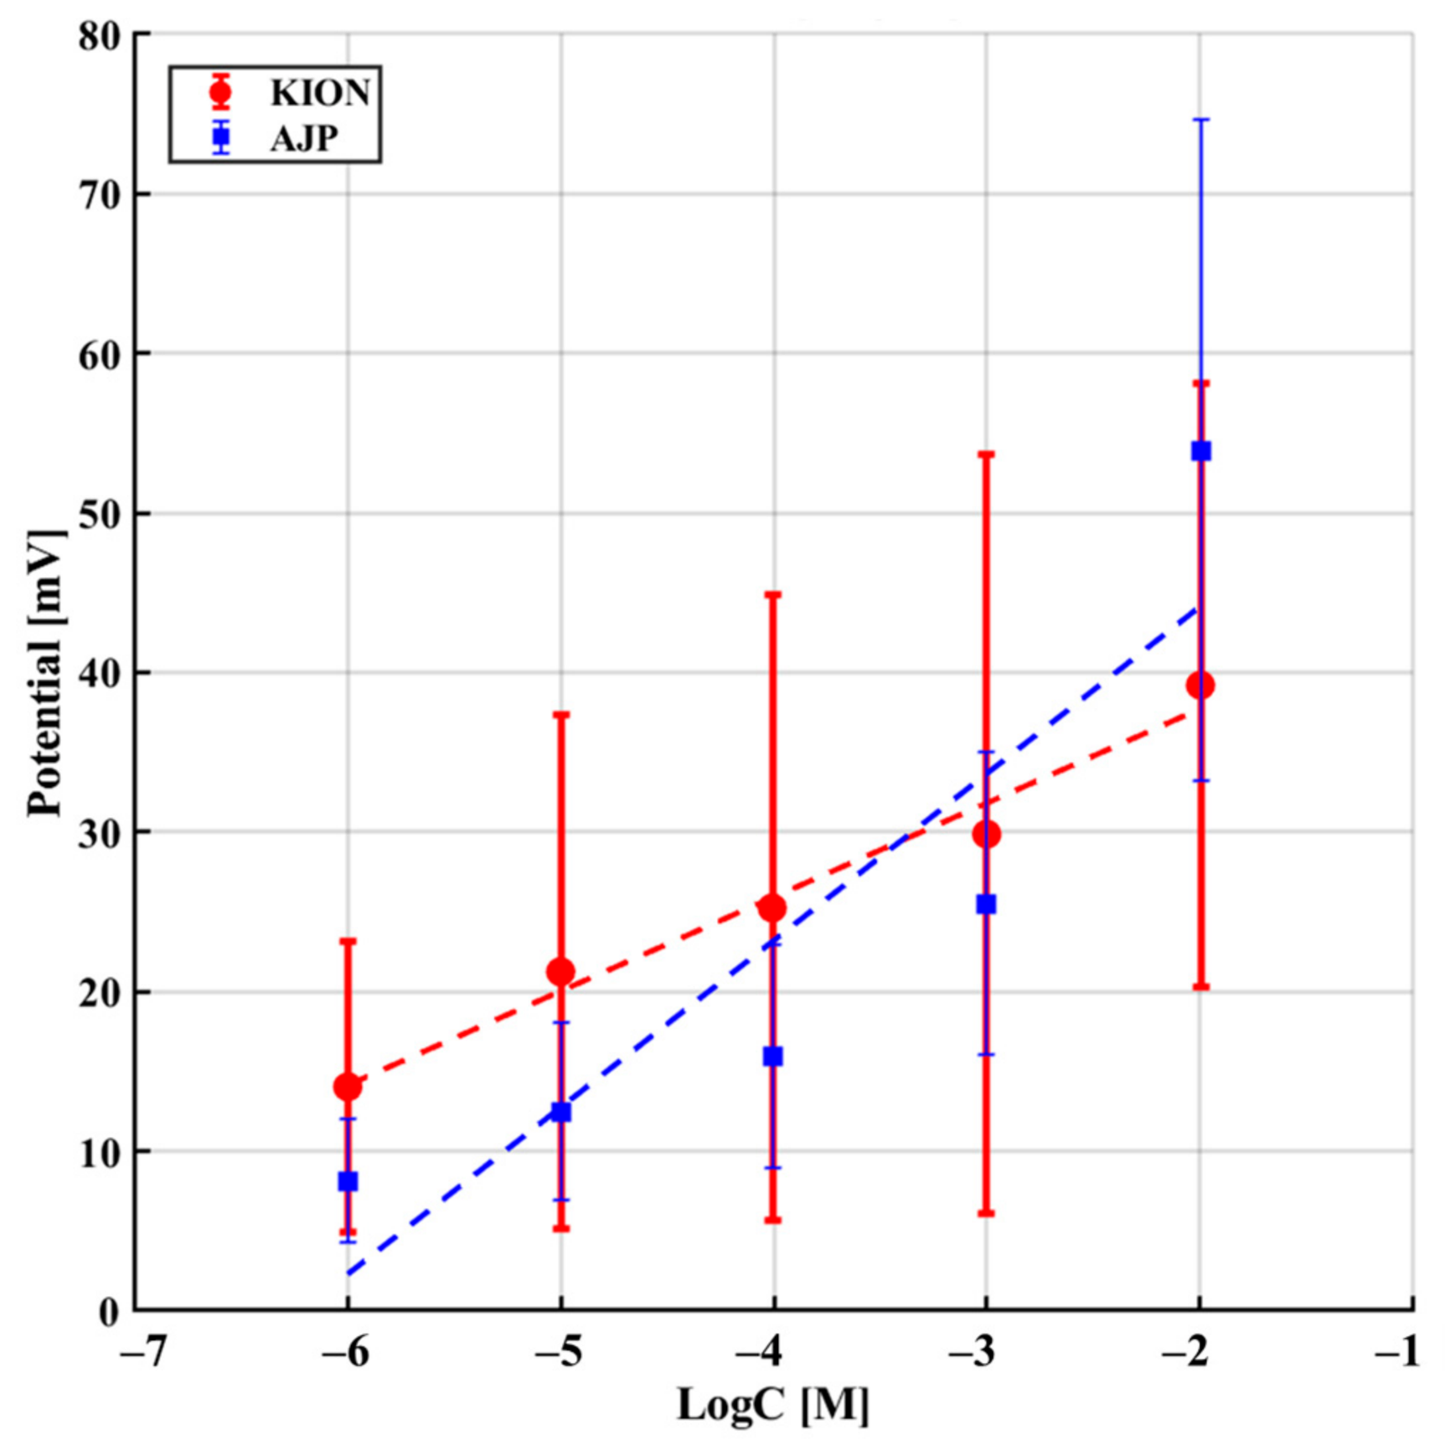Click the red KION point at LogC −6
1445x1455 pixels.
348,1087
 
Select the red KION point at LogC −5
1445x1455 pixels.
560,971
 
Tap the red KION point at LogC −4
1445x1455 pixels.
772,907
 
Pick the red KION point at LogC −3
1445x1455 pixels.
986,834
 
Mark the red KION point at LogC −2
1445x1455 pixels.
1200,686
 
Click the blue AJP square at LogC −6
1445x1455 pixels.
348,1181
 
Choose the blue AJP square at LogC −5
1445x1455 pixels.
560,1112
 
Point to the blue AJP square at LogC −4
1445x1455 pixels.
772,1057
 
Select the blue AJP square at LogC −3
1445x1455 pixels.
986,904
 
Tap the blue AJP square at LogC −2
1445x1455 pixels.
1200,451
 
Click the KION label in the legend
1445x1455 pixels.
320,93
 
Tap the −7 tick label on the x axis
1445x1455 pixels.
142,1351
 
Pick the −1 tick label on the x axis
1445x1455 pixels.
1397,1351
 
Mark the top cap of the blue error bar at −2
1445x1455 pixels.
1200,120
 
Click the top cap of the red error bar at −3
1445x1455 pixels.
986,454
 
